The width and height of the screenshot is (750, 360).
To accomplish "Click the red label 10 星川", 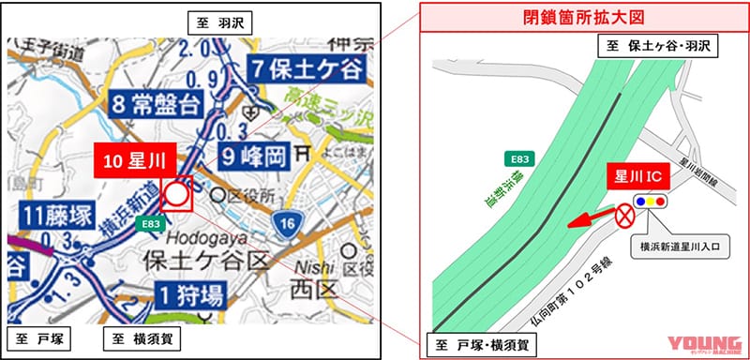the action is click(132, 158).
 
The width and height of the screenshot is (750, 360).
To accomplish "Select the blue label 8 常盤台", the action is click(159, 103).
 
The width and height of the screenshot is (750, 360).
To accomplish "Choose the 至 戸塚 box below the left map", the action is click(40, 337).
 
